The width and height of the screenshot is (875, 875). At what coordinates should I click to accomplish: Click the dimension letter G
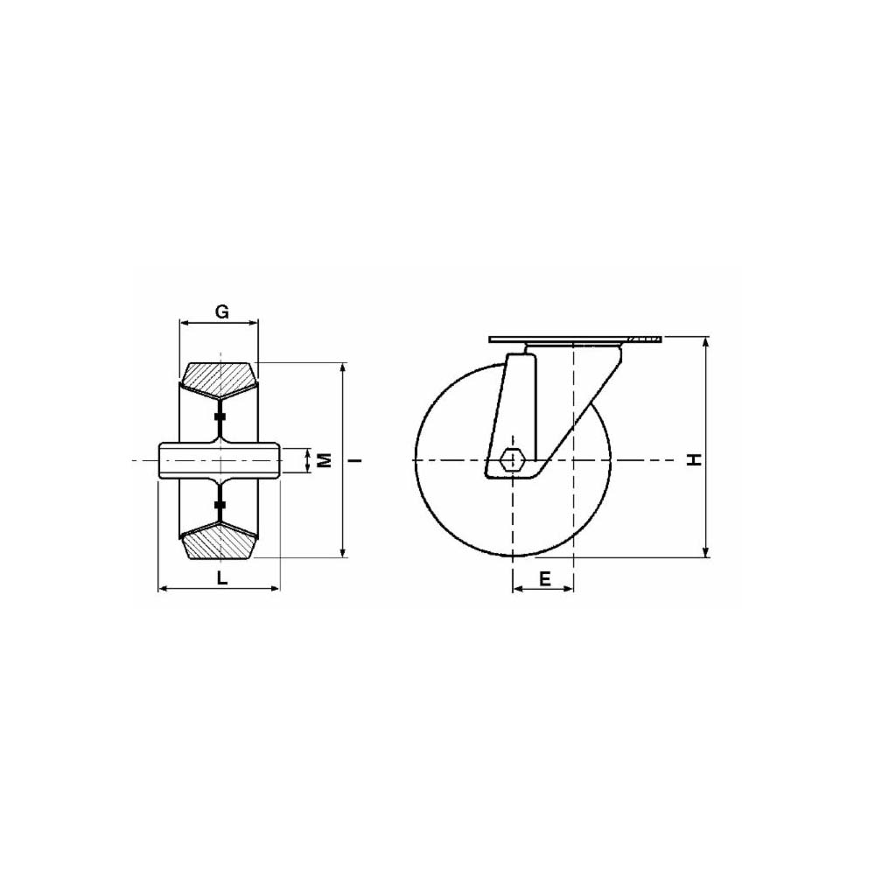pyautogui.click(x=222, y=311)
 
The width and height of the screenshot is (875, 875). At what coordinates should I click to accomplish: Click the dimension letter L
pyautogui.click(x=222, y=577)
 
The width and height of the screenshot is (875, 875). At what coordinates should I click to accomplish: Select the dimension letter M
pyautogui.click(x=325, y=460)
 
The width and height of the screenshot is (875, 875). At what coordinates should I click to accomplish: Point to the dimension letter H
pyautogui.click(x=694, y=460)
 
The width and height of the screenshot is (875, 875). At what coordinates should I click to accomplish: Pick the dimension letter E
pyautogui.click(x=544, y=578)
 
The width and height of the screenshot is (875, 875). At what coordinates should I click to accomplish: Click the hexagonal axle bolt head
pyautogui.click(x=512, y=460)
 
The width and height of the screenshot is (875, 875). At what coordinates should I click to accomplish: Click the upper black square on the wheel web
pyautogui.click(x=220, y=416)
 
